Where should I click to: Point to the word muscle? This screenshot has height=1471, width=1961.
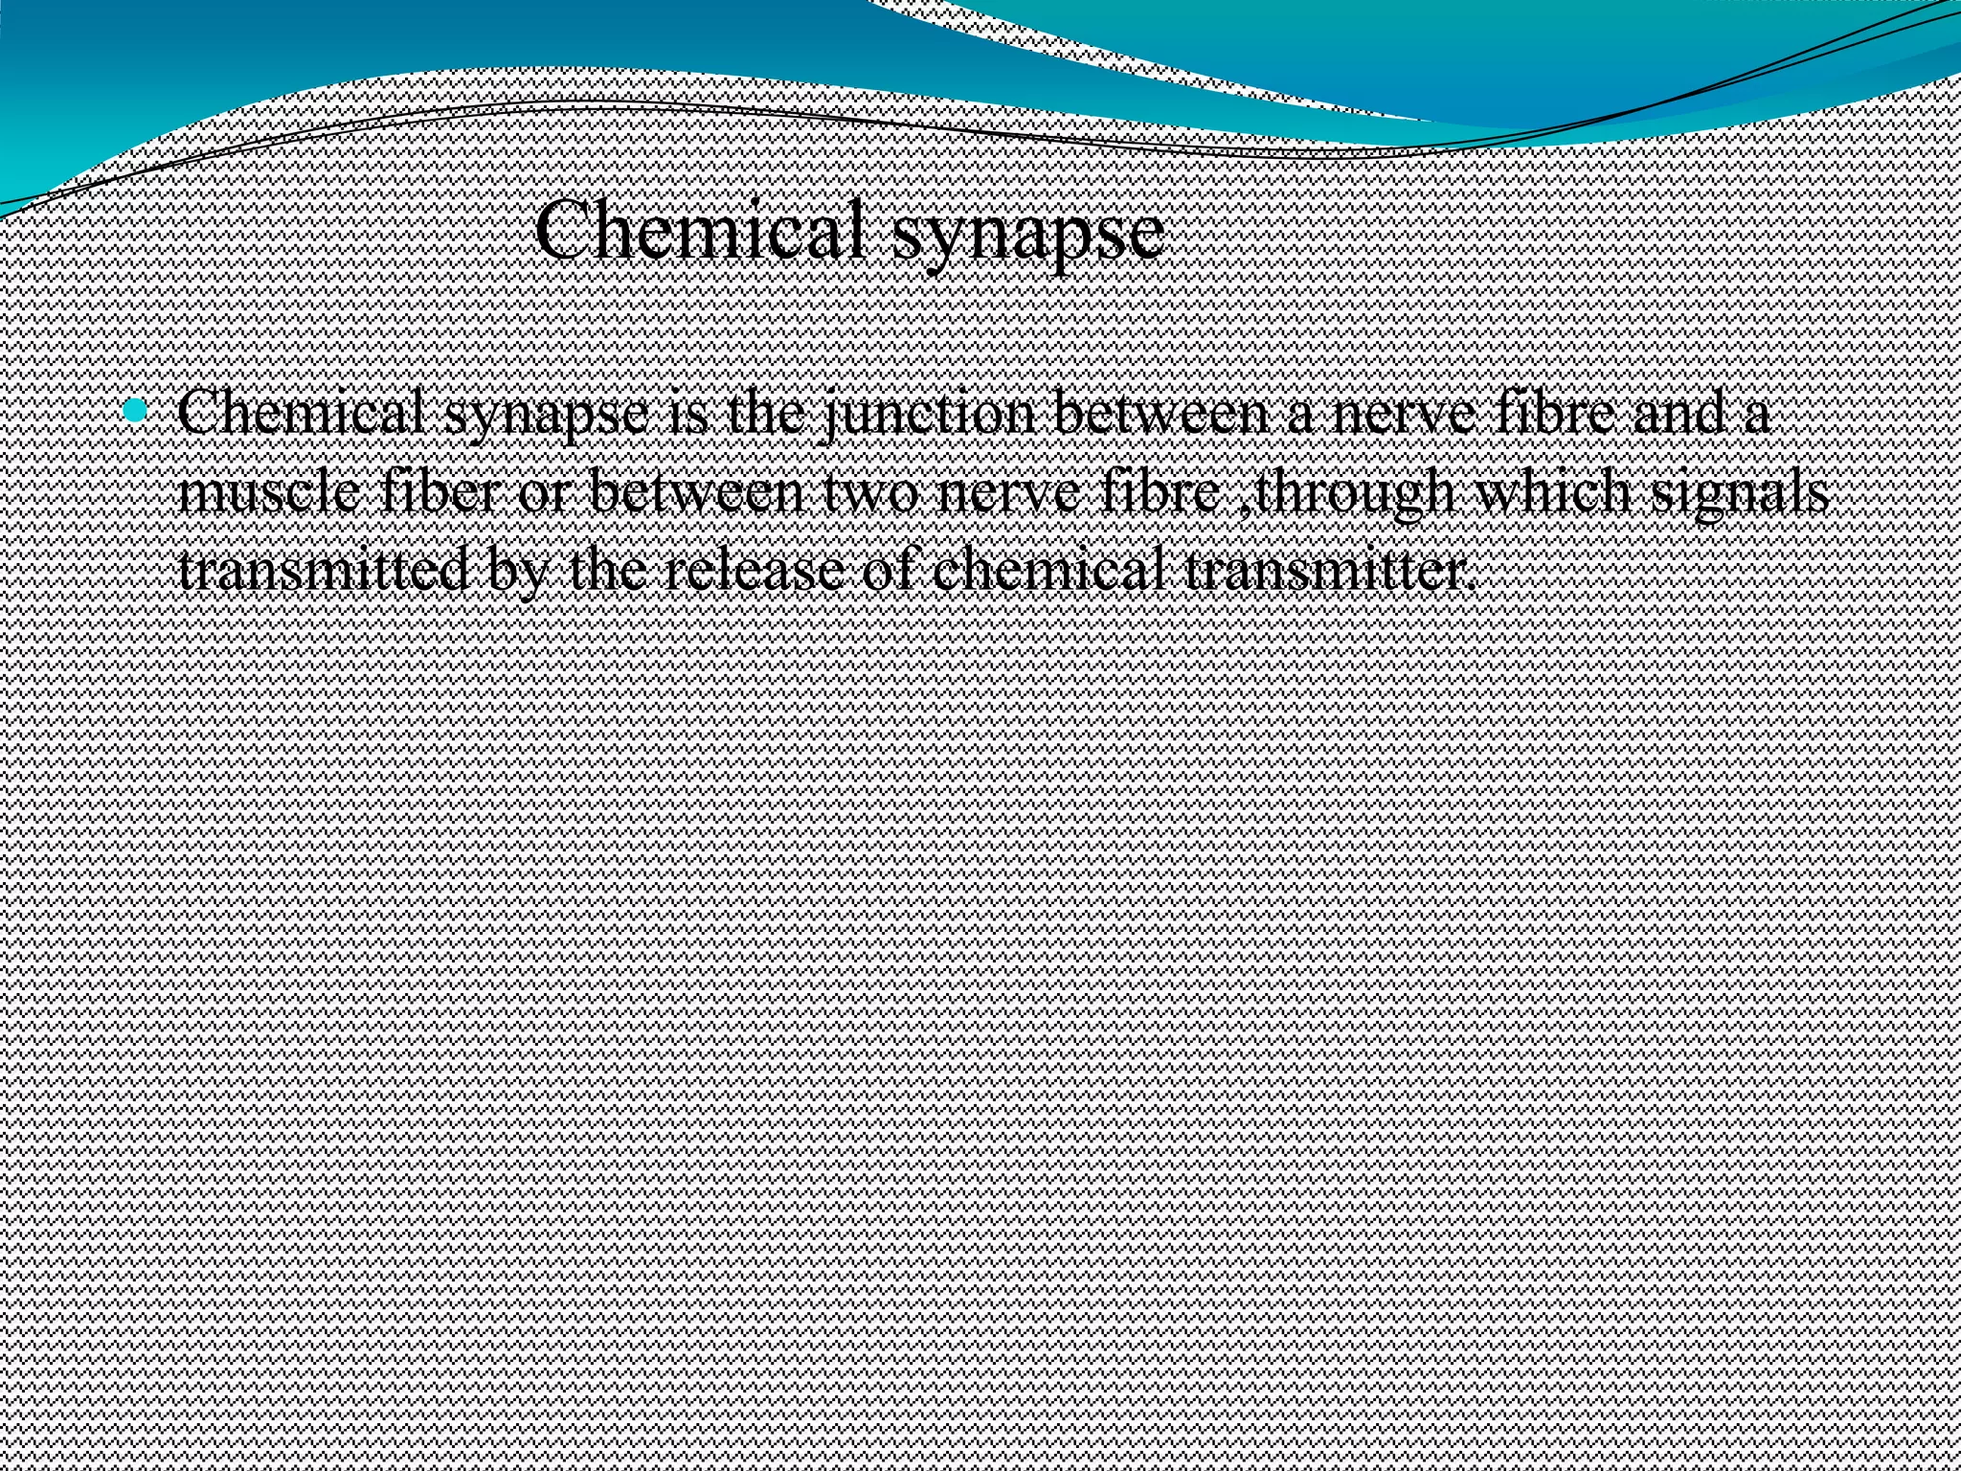(x=270, y=494)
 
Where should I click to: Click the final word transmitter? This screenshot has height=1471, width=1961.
(x=1326, y=571)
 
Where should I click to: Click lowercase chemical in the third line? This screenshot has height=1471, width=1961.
(x=1052, y=571)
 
